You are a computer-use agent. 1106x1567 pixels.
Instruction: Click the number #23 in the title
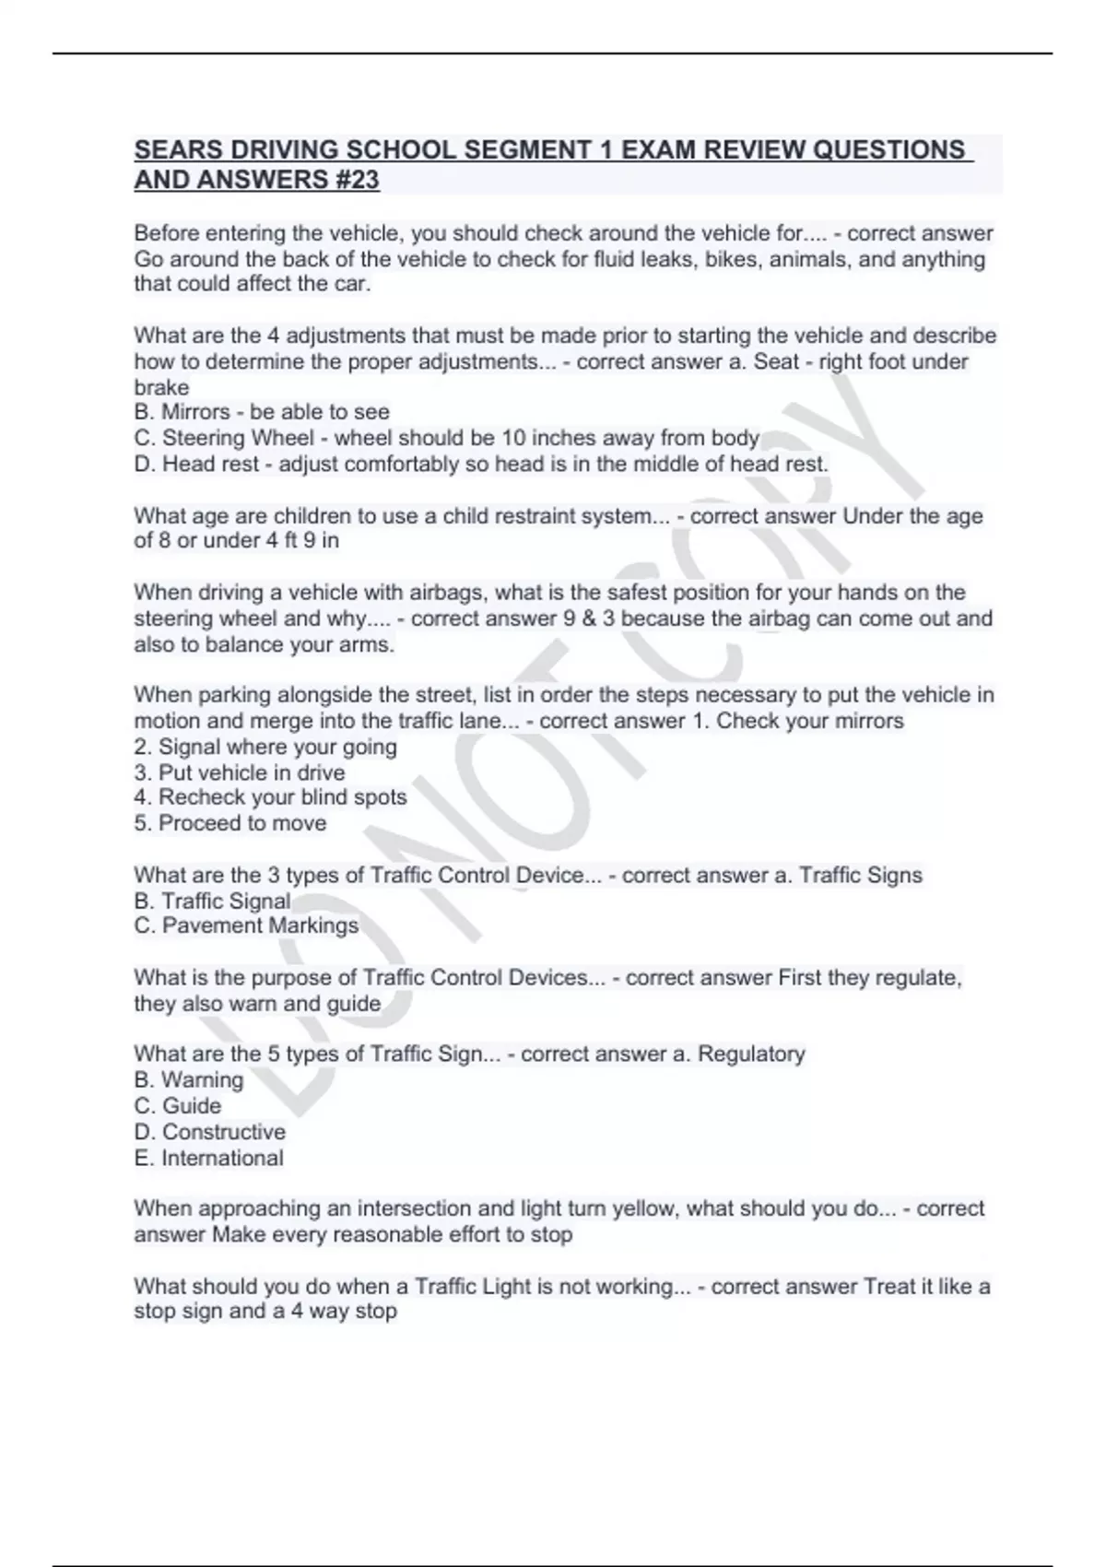point(354,180)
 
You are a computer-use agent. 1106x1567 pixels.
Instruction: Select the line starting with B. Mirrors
point(262,412)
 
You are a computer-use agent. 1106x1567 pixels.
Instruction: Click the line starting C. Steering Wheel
point(447,438)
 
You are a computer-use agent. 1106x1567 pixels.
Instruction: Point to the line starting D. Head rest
point(481,464)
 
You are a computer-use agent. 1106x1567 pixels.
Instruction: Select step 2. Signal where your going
point(265,747)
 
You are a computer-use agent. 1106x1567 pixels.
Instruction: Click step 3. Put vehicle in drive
point(240,772)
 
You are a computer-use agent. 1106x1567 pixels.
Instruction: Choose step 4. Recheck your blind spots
point(270,797)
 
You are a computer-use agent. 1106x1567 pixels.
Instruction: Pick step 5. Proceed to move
point(230,823)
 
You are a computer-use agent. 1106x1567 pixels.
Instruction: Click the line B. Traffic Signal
point(212,901)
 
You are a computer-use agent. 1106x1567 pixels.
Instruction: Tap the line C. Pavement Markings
point(246,925)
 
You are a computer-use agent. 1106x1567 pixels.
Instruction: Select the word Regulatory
point(751,1054)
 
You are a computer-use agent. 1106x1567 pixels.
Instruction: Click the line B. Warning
point(189,1079)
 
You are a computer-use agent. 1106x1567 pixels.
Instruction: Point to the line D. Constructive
point(210,1132)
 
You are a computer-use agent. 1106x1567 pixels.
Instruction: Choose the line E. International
point(209,1158)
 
